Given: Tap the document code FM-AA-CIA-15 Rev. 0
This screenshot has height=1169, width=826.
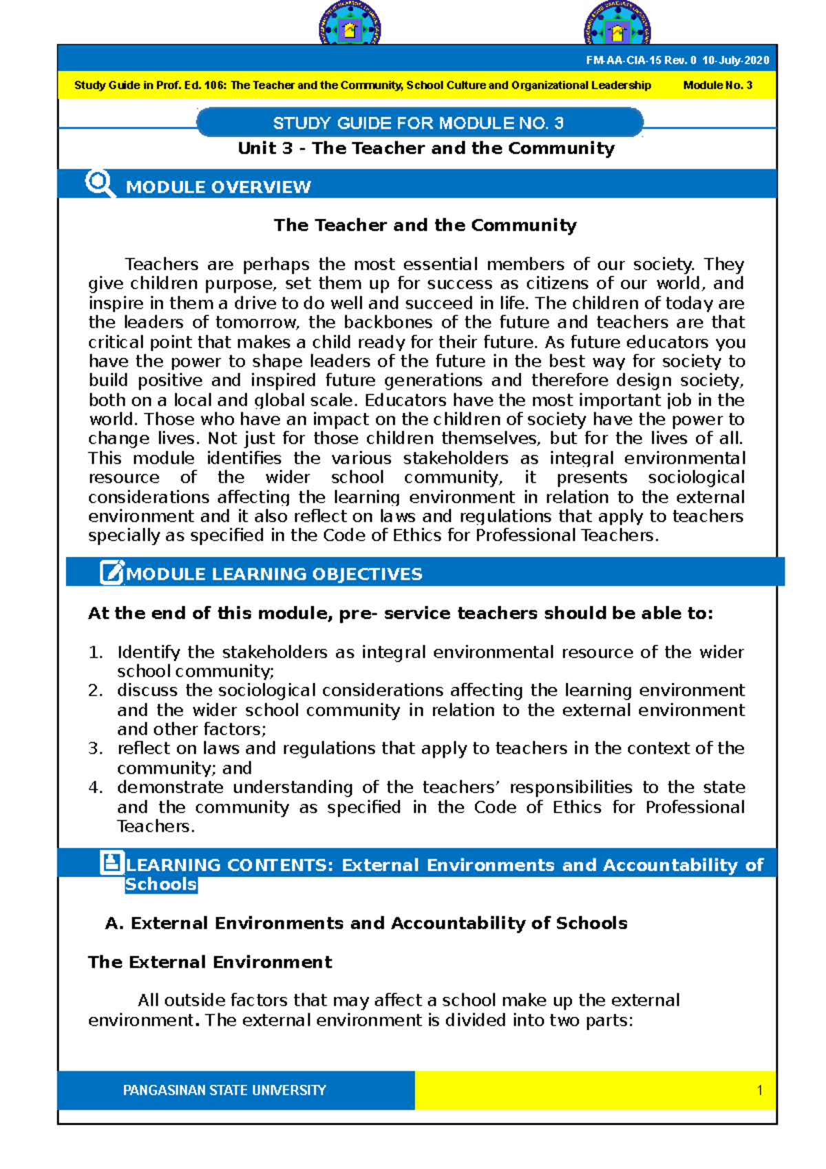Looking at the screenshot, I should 642,61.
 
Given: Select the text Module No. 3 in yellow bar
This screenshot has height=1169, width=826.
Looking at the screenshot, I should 717,85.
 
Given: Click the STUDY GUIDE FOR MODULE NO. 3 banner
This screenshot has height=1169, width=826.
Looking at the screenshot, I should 419,123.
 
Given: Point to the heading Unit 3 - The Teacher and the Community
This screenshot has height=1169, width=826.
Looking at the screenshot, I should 426,148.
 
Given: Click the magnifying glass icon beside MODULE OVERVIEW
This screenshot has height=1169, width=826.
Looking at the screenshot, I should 100,184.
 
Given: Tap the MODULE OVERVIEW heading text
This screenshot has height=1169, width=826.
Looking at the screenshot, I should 218,187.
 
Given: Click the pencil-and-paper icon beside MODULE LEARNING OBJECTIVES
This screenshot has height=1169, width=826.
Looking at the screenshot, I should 112,572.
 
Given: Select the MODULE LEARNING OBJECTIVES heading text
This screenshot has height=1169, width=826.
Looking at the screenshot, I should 274,574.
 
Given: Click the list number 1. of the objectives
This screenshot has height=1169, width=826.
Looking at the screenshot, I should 96,652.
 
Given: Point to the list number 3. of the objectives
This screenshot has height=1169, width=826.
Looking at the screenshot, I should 96,748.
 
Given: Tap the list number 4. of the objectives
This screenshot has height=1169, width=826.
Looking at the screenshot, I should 96,788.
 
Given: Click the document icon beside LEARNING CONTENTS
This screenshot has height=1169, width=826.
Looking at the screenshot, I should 112,863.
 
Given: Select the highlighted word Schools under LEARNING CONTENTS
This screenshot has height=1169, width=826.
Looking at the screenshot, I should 161,885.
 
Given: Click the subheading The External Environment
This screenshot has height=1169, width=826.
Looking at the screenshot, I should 210,962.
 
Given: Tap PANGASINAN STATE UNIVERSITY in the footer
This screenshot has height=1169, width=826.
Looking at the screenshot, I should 224,1091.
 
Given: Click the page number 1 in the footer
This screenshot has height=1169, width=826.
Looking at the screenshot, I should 759,1091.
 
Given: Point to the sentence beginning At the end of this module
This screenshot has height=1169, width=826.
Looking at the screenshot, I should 401,613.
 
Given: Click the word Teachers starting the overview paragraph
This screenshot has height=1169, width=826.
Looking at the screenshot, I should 162,264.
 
